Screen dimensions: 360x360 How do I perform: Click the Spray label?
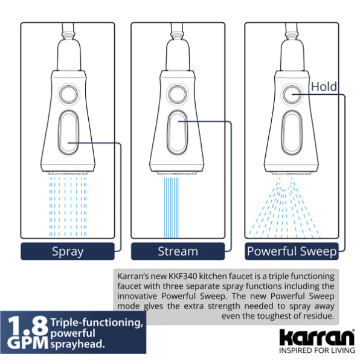[x=68, y=251]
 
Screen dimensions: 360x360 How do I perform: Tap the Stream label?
[x=178, y=251]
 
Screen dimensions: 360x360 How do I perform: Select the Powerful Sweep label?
[x=292, y=251]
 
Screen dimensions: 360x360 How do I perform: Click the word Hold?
[x=324, y=87]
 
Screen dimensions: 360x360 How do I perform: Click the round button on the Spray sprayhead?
[x=68, y=94]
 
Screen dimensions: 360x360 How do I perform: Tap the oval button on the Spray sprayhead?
[x=68, y=132]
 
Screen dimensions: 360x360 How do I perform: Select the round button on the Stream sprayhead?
[x=177, y=94]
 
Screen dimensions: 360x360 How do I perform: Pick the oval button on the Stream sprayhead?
[x=177, y=132]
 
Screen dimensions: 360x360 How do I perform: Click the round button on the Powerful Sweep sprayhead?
[x=292, y=94]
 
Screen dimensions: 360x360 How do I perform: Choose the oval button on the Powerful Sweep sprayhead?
[x=292, y=132]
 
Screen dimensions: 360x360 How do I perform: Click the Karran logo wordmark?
[x=317, y=338]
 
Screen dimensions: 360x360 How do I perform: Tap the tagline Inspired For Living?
[x=317, y=350]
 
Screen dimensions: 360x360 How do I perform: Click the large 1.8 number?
[x=28, y=326]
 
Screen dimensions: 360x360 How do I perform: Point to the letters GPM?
[x=28, y=343]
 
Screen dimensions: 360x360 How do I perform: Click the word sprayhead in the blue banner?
[x=77, y=344]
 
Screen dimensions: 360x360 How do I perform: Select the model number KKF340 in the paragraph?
[x=183, y=276]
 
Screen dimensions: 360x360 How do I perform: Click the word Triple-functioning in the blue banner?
[x=97, y=323]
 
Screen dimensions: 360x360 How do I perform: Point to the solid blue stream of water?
[x=172, y=208]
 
